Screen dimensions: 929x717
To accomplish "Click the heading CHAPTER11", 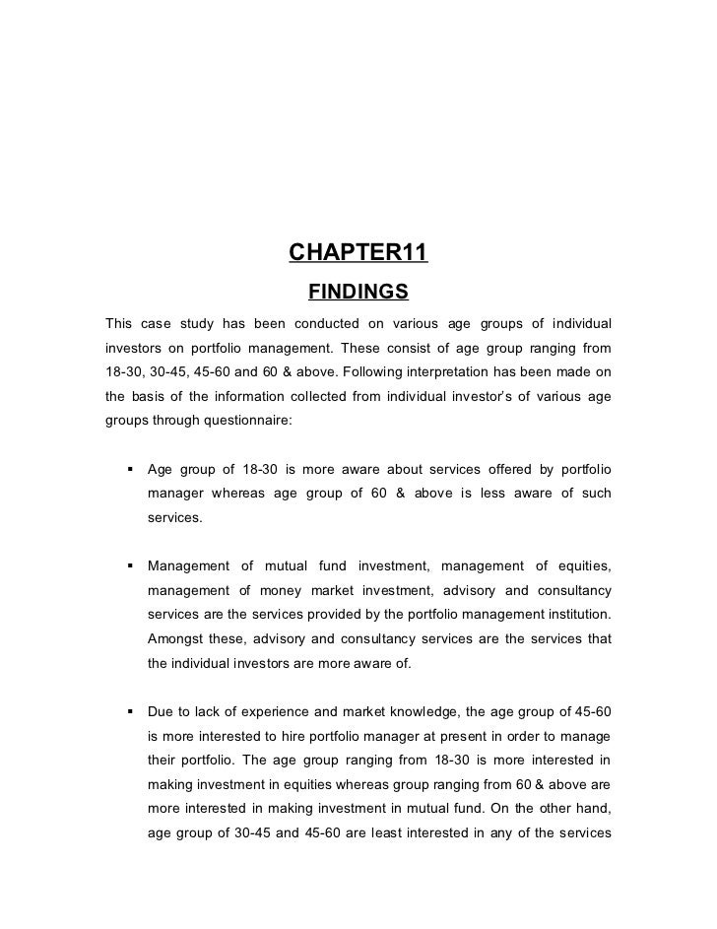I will (x=358, y=253).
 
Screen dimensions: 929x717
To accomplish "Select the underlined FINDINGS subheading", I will (x=358, y=292).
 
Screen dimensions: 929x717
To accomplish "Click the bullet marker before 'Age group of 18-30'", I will (x=129, y=467).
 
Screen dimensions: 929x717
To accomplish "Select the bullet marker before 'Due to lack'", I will (x=129, y=709).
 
